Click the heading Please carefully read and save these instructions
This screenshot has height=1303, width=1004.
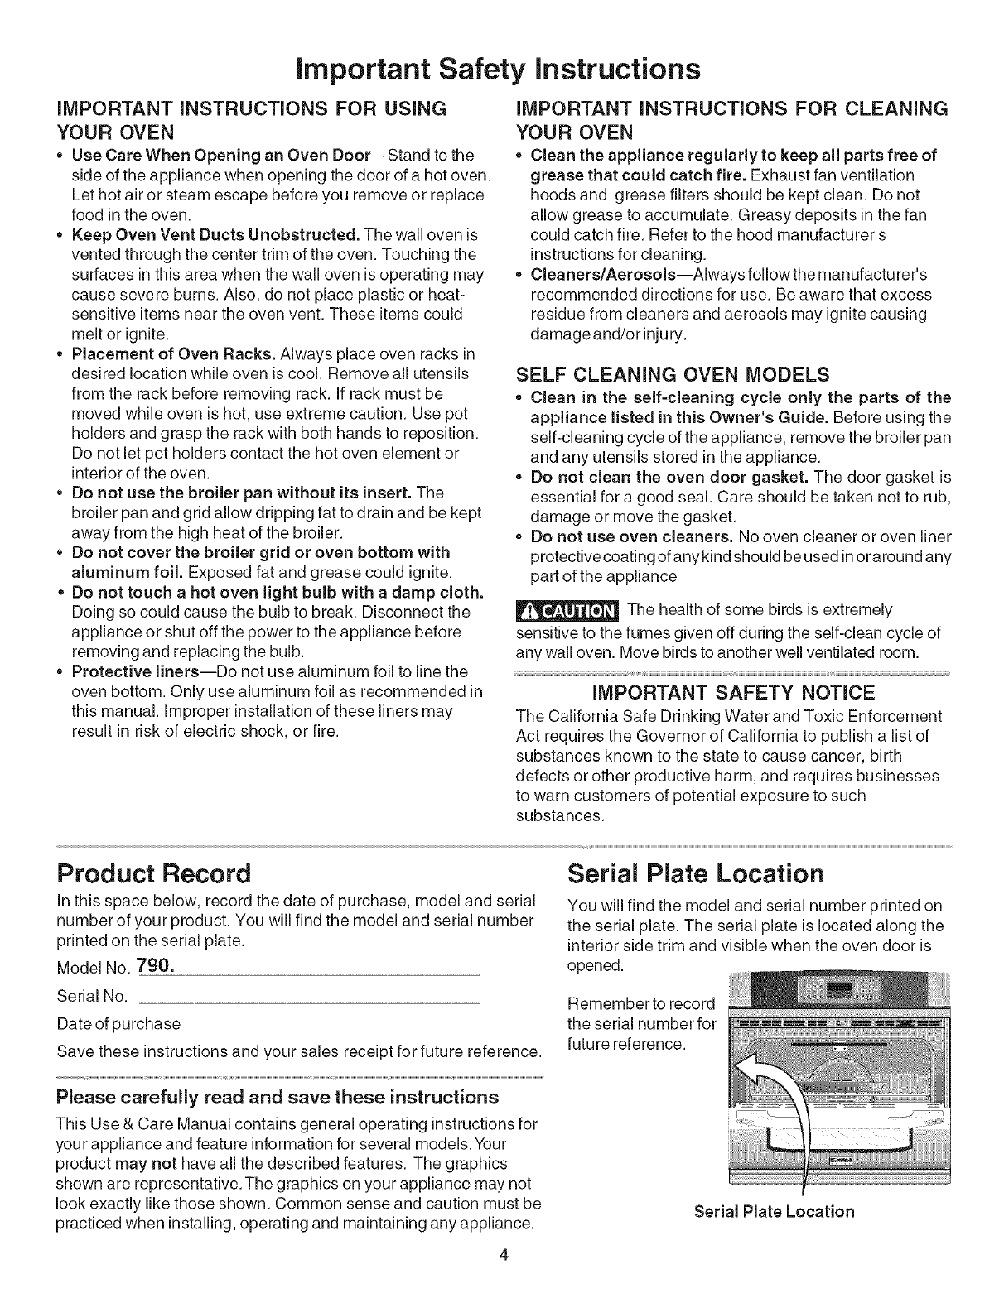click(278, 1098)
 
